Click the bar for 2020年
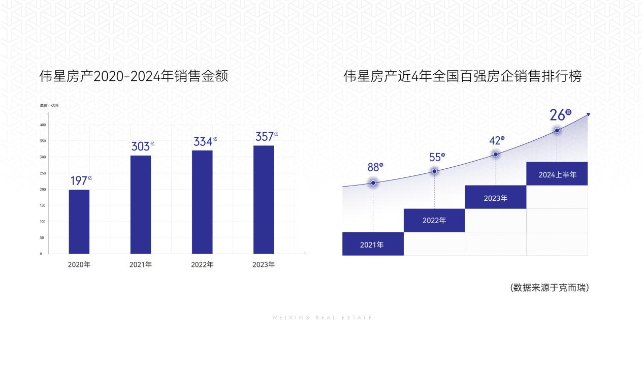[x=79, y=222]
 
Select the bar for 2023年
[x=264, y=199]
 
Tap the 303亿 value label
[x=142, y=146]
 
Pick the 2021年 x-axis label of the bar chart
[x=141, y=265]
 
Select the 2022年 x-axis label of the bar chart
[x=202, y=265]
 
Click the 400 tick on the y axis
[x=43, y=125]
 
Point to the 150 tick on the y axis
[x=43, y=205]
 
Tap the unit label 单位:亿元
[x=50, y=105]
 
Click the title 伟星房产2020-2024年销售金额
[x=134, y=76]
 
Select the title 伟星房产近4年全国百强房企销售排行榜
[x=462, y=76]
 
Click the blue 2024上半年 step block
[x=557, y=174]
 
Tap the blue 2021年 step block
[x=372, y=244]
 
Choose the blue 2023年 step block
[x=495, y=197]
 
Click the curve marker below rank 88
[x=373, y=182]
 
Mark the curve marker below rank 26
[x=557, y=131]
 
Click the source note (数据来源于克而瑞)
[x=549, y=288]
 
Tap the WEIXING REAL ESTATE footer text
[x=322, y=318]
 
